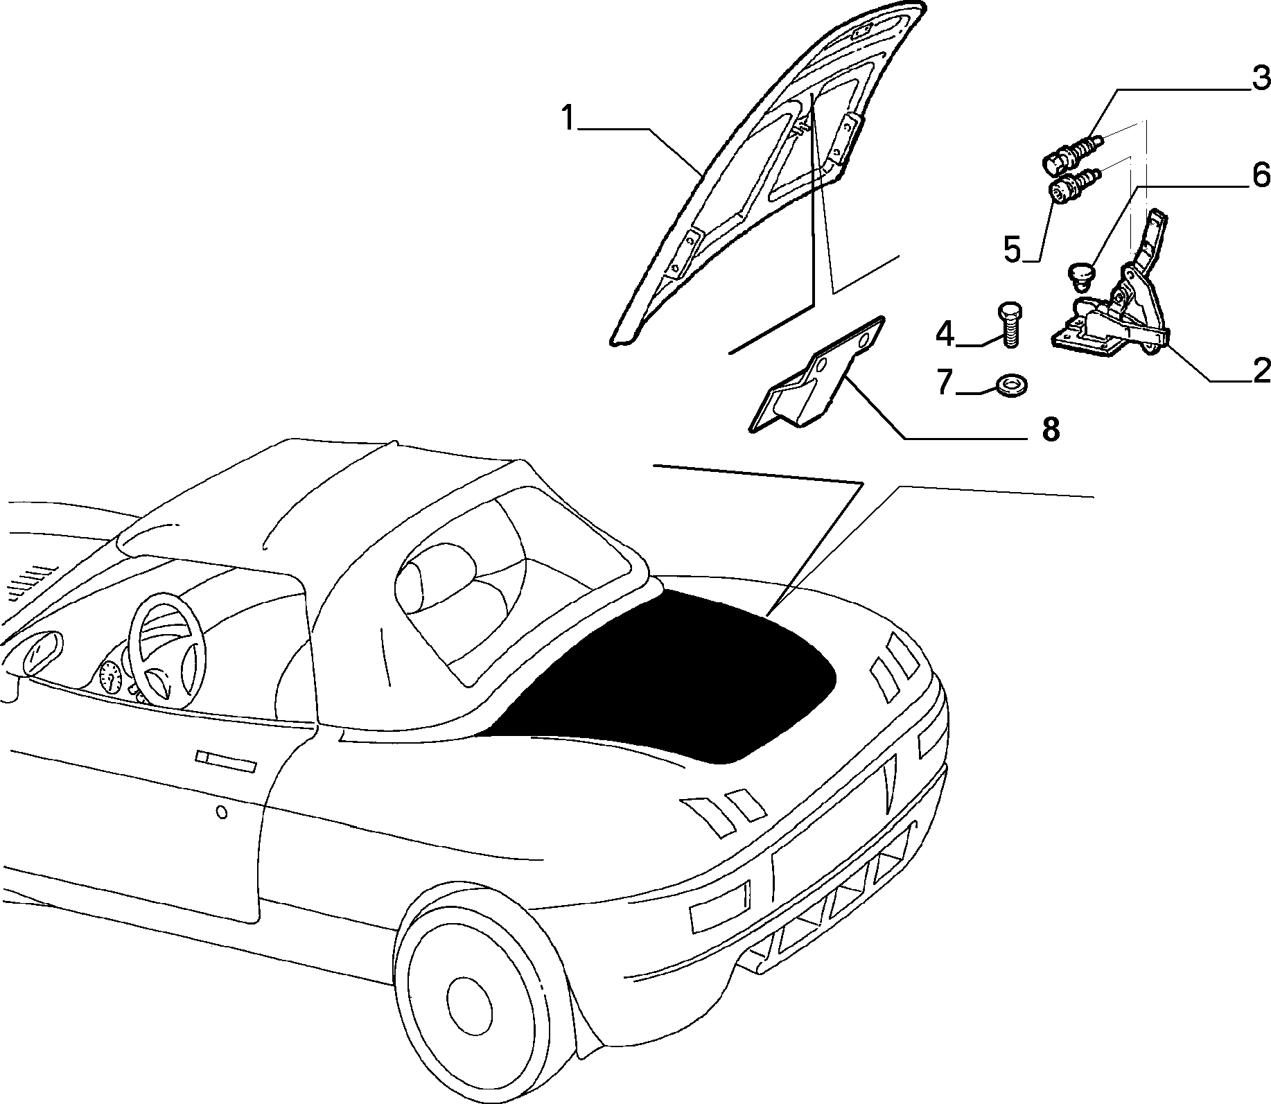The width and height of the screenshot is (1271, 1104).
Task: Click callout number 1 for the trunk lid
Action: [x=568, y=119]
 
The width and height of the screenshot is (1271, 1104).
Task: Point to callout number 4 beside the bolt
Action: [x=945, y=333]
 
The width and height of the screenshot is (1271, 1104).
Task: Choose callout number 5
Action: [x=1013, y=249]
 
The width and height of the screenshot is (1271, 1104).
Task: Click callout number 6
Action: [x=1261, y=174]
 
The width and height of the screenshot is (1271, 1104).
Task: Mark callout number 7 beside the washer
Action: [x=945, y=382]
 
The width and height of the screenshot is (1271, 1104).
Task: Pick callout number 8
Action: [x=1051, y=430]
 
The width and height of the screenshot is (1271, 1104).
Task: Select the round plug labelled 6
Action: [x=1078, y=274]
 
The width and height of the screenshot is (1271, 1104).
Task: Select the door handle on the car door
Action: [x=226, y=761]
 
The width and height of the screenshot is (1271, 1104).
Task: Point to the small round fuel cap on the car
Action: [x=222, y=812]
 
